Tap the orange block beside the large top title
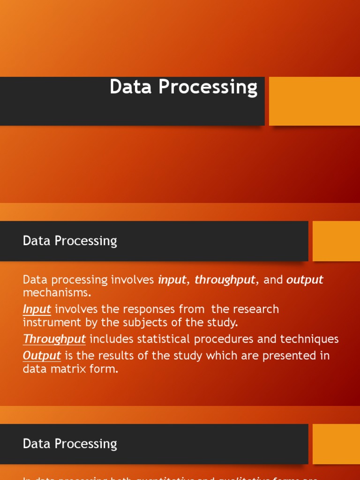pyautogui.click(x=314, y=101)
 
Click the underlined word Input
pyautogui.click(x=37, y=309)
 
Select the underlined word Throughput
pyautogui.click(x=54, y=339)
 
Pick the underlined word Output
pyautogui.click(x=42, y=356)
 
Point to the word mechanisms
pyautogui.click(x=57, y=293)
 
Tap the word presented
pyautogui.click(x=289, y=356)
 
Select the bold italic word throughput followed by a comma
pyautogui.click(x=225, y=280)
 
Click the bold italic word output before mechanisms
pyautogui.click(x=305, y=280)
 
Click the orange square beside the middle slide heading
pyautogui.click(x=336, y=241)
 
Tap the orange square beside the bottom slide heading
pyautogui.click(x=336, y=444)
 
